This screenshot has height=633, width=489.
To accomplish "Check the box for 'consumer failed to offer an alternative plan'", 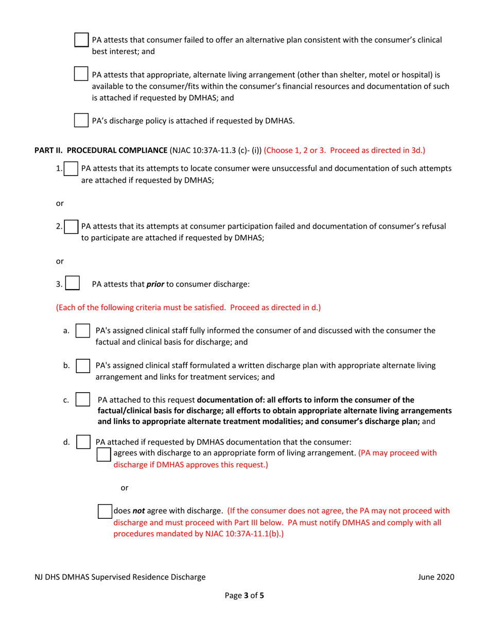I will click(x=81, y=40).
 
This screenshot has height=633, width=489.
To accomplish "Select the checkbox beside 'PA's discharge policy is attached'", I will click(x=81, y=121).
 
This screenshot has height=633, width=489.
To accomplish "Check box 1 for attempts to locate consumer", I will click(x=71, y=168).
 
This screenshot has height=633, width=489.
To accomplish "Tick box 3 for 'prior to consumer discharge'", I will click(x=73, y=284).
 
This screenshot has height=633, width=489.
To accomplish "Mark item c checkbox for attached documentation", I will click(x=83, y=400).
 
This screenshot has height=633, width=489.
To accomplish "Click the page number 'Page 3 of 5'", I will click(x=244, y=597).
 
